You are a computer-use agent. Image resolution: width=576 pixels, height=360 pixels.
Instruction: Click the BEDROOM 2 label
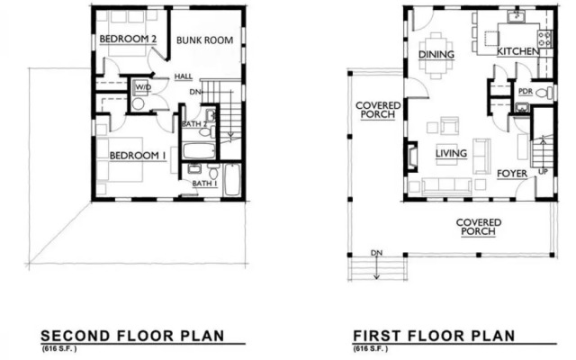[128, 39]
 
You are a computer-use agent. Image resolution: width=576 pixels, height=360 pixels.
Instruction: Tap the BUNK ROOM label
[204, 40]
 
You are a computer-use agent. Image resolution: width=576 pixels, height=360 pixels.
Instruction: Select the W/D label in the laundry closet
[143, 87]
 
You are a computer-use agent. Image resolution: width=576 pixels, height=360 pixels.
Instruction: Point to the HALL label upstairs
[184, 76]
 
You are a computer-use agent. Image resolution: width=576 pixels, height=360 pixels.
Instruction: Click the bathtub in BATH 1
[232, 180]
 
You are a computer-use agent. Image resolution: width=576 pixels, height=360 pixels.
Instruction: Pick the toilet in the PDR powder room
[544, 93]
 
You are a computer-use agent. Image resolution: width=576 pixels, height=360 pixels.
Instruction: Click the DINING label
[436, 54]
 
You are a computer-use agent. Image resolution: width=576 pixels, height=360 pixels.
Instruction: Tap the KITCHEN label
[518, 51]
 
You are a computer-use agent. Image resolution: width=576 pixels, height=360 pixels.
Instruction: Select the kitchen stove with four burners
[545, 39]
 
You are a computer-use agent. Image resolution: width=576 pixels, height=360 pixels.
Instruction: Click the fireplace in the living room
[411, 156]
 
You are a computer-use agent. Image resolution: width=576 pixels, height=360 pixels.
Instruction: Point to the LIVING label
[451, 153]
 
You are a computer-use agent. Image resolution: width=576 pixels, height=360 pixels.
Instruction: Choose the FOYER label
[512, 174]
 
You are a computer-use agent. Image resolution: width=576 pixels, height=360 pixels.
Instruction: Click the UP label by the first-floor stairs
[543, 172]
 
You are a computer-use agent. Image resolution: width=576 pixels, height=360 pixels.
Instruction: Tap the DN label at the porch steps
[376, 253]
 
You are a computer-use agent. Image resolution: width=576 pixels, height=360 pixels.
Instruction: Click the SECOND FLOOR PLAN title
[132, 336]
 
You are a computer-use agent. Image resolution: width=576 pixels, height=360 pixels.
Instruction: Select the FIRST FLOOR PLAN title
[434, 336]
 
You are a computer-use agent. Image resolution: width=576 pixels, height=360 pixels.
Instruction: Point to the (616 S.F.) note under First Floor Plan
[370, 348]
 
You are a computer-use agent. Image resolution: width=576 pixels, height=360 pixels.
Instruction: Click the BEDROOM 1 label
[138, 156]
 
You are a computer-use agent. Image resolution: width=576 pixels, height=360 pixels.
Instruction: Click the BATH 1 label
[204, 183]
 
